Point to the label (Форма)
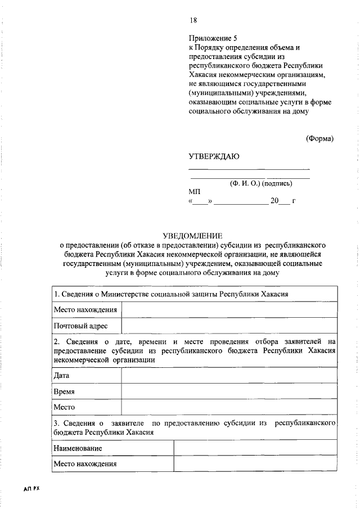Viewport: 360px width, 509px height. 319,138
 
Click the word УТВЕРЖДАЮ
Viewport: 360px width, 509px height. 214,156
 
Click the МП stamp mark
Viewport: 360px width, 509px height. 195,191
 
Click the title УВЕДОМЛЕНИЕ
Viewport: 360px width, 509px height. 192,237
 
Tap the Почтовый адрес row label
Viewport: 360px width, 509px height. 80,326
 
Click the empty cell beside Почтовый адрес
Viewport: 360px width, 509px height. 229,326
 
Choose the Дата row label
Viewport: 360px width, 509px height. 61,375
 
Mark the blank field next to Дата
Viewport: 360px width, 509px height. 229,375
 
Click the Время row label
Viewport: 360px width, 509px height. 64,391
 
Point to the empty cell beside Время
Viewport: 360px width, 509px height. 229,391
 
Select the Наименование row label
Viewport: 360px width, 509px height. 78,448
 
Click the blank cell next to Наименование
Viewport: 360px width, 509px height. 255,448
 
